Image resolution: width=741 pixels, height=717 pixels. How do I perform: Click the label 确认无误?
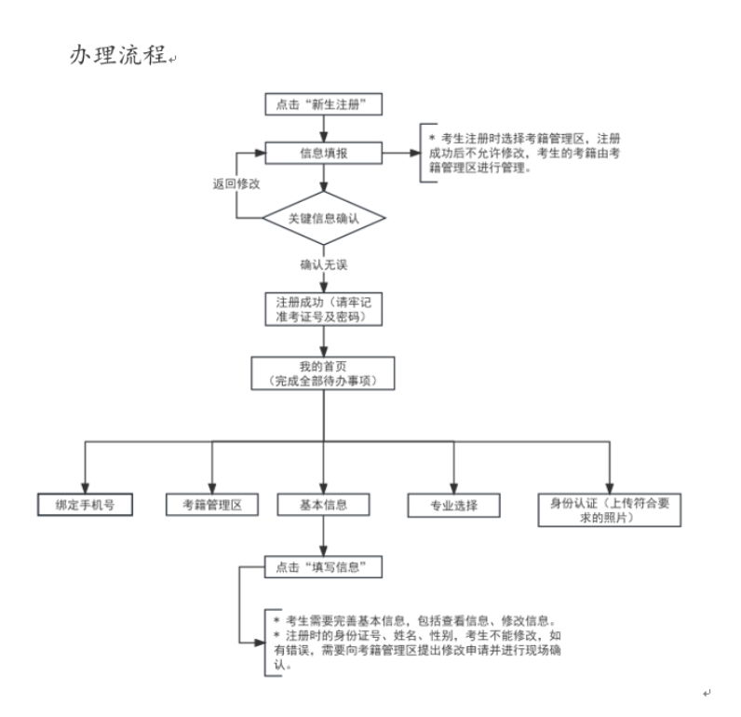pos(323,265)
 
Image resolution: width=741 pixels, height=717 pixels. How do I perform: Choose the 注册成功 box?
pos(323,309)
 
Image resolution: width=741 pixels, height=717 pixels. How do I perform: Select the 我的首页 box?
pos(323,373)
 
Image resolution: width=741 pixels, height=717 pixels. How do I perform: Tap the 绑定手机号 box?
pos(84,505)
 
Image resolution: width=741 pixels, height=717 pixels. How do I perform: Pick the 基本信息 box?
pos(323,505)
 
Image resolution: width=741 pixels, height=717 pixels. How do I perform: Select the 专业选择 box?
pos(453,506)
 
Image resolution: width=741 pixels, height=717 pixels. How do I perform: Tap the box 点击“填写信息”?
pos(323,565)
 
